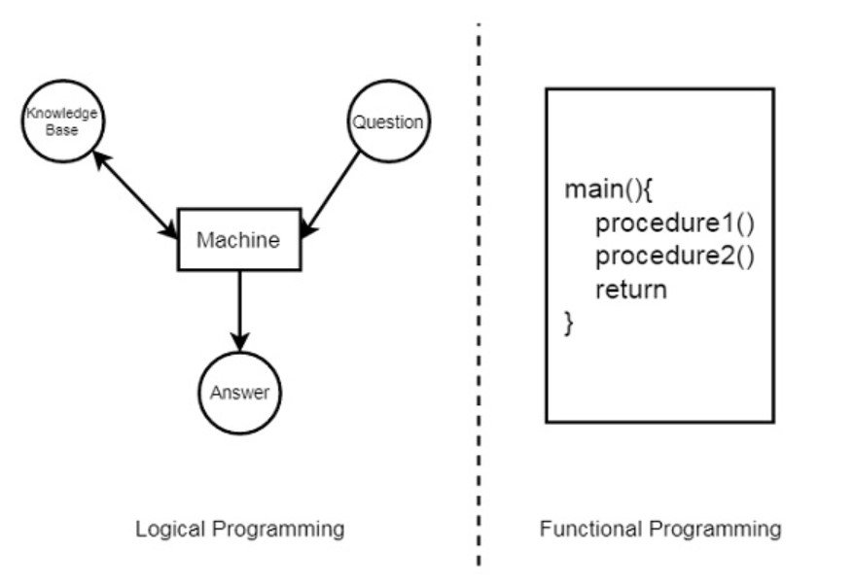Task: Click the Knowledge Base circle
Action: (62, 121)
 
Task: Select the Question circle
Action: (387, 122)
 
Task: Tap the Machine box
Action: (238, 239)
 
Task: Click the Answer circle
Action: (239, 393)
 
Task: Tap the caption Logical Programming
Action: (239, 529)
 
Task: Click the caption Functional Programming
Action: (660, 529)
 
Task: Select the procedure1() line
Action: (675, 223)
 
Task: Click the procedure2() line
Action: (675, 257)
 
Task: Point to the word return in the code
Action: (631, 290)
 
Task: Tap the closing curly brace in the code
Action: (570, 323)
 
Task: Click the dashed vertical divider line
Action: (479, 292)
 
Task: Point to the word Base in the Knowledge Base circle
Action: (62, 129)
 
